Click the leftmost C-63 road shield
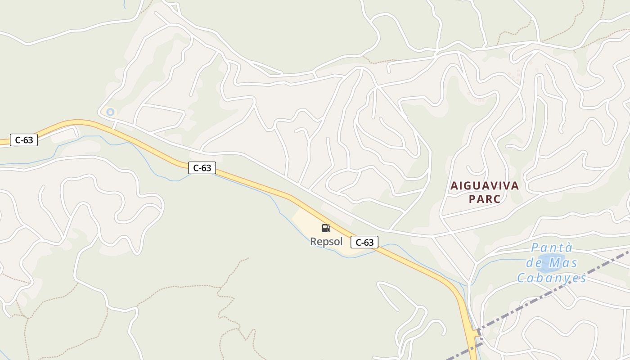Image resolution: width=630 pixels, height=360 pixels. click(x=24, y=140)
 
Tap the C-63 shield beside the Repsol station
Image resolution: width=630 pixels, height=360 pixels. click(x=364, y=243)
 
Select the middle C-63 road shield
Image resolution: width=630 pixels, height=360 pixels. click(x=202, y=168)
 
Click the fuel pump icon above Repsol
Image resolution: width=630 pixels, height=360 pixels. click(x=326, y=228)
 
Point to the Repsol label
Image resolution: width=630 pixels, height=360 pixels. click(x=326, y=242)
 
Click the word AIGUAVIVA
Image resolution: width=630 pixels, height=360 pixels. click(x=485, y=186)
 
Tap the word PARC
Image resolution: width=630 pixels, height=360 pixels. click(x=485, y=199)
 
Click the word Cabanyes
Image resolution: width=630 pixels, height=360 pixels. click(x=552, y=278)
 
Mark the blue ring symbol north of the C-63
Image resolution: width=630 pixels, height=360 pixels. click(x=110, y=112)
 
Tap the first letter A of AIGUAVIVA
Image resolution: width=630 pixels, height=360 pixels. click(x=454, y=186)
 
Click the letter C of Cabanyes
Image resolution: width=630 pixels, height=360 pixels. click(x=521, y=278)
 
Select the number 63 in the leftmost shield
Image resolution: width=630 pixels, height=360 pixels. click(x=28, y=140)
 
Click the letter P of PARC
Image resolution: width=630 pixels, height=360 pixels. click(x=472, y=199)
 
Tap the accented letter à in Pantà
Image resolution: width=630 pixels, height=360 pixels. click(x=568, y=248)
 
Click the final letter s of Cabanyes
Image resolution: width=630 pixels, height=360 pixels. click(x=583, y=278)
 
